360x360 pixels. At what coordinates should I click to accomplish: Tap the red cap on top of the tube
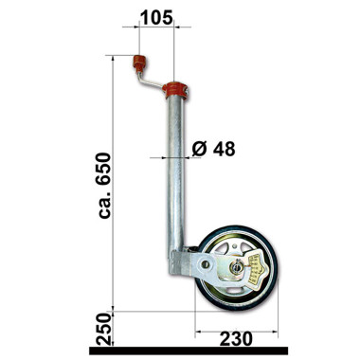click(175, 92)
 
